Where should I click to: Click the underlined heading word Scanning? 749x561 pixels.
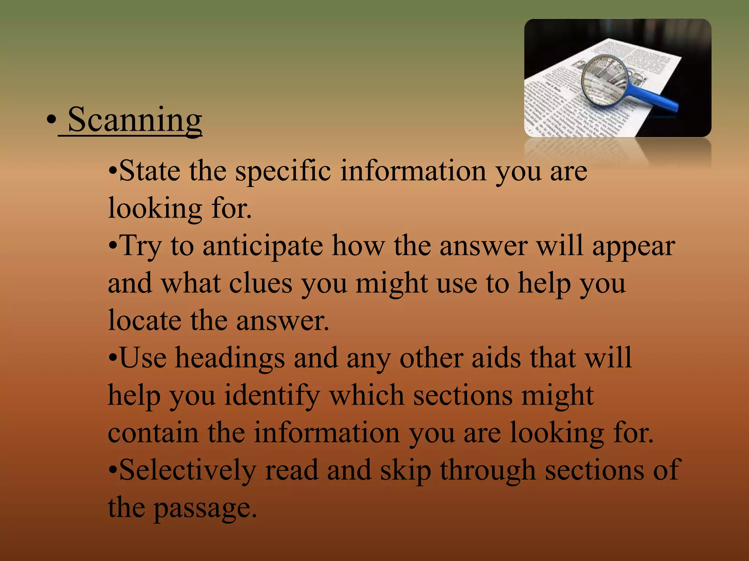coord(135,120)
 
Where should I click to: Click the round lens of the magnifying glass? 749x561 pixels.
coord(606,80)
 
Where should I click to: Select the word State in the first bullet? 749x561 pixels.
coord(150,171)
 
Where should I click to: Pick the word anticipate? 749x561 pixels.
coord(263,246)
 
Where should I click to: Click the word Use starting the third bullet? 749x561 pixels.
coord(143,358)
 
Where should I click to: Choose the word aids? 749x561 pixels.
coord(496,358)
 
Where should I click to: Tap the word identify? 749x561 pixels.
coord(272,396)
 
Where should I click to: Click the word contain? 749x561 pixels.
coord(153,433)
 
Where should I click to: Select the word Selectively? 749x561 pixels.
coord(187,470)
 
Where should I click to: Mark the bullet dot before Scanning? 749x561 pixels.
coord(51,121)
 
